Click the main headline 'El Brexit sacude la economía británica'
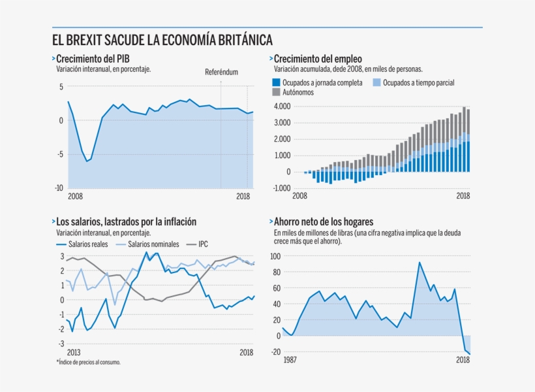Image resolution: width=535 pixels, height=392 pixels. pyautogui.click(x=162, y=39)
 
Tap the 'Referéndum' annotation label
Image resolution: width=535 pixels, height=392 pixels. pyautogui.click(x=221, y=72)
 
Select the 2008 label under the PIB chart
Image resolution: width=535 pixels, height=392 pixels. pyautogui.click(x=76, y=196)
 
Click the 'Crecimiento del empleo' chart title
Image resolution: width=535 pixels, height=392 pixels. pyautogui.click(x=318, y=59)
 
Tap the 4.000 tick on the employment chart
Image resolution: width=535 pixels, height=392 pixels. pyautogui.click(x=282, y=106)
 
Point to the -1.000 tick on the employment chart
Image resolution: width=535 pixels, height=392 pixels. pyautogui.click(x=281, y=188)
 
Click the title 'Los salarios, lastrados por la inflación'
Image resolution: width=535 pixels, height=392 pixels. pyautogui.click(x=127, y=222)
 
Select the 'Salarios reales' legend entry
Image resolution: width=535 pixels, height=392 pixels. pyautogui.click(x=87, y=244)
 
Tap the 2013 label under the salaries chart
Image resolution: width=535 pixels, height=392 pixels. pyautogui.click(x=74, y=353)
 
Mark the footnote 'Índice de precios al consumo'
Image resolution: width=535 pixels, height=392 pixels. pyautogui.click(x=88, y=362)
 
